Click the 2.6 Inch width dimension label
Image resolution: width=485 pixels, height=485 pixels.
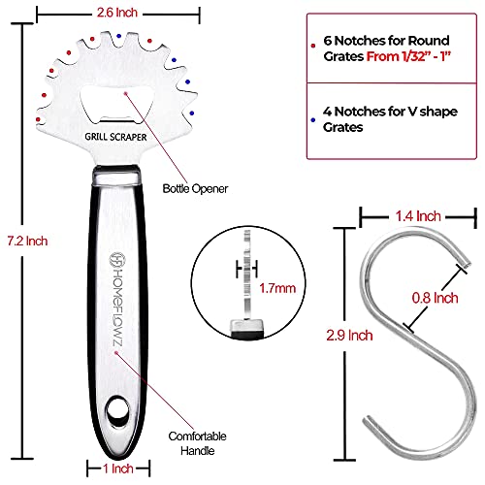click(x=117, y=13)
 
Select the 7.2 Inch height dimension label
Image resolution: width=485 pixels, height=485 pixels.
click(x=27, y=241)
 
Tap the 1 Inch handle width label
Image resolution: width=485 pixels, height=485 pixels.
click(x=118, y=469)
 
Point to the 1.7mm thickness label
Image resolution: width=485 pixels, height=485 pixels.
click(x=277, y=288)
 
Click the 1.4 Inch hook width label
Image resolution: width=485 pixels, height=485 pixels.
click(x=418, y=216)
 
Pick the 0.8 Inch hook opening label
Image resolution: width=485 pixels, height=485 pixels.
click(x=435, y=298)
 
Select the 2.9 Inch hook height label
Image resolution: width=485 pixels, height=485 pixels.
click(x=349, y=336)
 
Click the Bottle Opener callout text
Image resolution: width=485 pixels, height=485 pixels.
click(x=195, y=188)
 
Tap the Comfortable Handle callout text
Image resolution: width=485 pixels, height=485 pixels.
click(x=197, y=443)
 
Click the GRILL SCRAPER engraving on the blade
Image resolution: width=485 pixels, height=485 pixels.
click(x=115, y=137)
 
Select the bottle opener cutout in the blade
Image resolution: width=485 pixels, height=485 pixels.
click(x=116, y=105)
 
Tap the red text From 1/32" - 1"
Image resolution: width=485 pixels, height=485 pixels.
click(x=408, y=56)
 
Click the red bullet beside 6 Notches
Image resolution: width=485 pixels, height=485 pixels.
click(x=313, y=46)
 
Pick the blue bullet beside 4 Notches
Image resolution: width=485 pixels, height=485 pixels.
click(x=313, y=120)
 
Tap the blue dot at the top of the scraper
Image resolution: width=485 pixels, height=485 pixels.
click(x=119, y=36)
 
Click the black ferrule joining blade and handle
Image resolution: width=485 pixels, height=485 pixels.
click(x=116, y=175)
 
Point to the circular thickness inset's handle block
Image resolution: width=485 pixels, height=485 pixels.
click(x=247, y=328)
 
